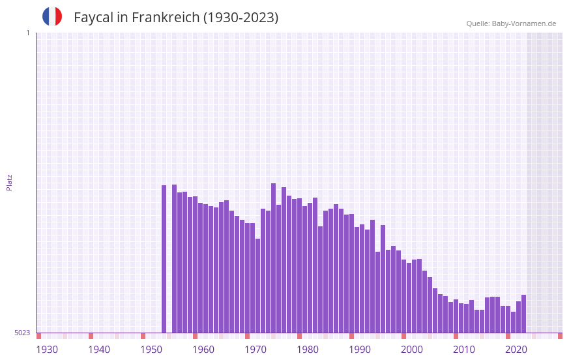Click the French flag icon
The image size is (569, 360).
(x=52, y=16)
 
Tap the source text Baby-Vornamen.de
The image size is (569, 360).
(x=523, y=23)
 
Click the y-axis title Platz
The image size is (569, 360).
(x=9, y=182)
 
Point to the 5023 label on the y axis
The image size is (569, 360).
(x=22, y=333)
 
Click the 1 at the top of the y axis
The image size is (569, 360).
(x=27, y=33)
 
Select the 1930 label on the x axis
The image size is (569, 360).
(x=47, y=350)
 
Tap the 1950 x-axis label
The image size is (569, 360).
(x=151, y=350)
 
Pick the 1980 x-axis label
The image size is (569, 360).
(x=308, y=350)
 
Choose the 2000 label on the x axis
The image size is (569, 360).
(x=412, y=350)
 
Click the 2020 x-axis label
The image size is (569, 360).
(x=516, y=350)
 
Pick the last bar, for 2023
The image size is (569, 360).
(x=523, y=314)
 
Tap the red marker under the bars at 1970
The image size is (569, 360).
(x=247, y=336)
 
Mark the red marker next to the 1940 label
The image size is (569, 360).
(x=91, y=336)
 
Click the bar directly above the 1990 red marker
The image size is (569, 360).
(x=351, y=273)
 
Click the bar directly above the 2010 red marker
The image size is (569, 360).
(x=456, y=316)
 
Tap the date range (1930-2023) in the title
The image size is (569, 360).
(x=241, y=18)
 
